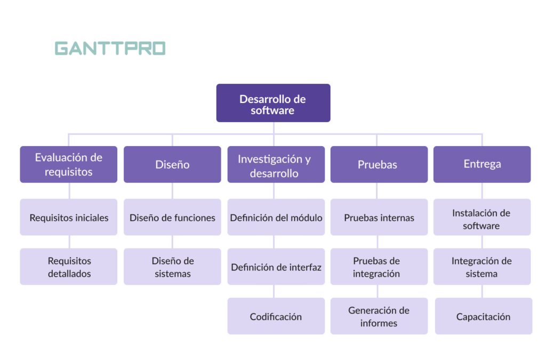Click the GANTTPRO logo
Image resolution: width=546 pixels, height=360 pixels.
(110, 49)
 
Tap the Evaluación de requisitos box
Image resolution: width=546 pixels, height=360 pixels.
(68, 164)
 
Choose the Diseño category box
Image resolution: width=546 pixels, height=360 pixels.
(172, 164)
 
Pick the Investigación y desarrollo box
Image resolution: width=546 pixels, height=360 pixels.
(276, 164)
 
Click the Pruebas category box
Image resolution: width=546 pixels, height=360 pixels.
(379, 164)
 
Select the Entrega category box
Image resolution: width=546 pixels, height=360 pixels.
(481, 164)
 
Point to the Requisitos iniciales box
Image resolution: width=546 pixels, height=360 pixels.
(68, 217)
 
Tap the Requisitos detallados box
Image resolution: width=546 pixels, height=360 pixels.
(68, 267)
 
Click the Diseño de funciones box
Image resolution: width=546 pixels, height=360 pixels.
(172, 217)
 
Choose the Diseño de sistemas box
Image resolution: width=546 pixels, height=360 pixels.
(172, 267)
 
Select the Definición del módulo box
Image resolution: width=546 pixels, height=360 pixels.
(276, 217)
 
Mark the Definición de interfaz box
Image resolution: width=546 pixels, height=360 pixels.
(276, 267)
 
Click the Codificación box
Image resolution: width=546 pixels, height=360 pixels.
(276, 316)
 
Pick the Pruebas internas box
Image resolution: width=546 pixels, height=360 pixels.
(379, 217)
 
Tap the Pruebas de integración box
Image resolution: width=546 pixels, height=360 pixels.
(379, 267)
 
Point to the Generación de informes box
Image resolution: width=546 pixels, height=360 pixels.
(379, 316)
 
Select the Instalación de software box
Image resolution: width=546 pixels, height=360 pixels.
(481, 217)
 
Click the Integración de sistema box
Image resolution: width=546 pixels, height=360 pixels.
(481, 267)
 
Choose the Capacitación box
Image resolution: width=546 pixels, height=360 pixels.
(483, 316)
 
